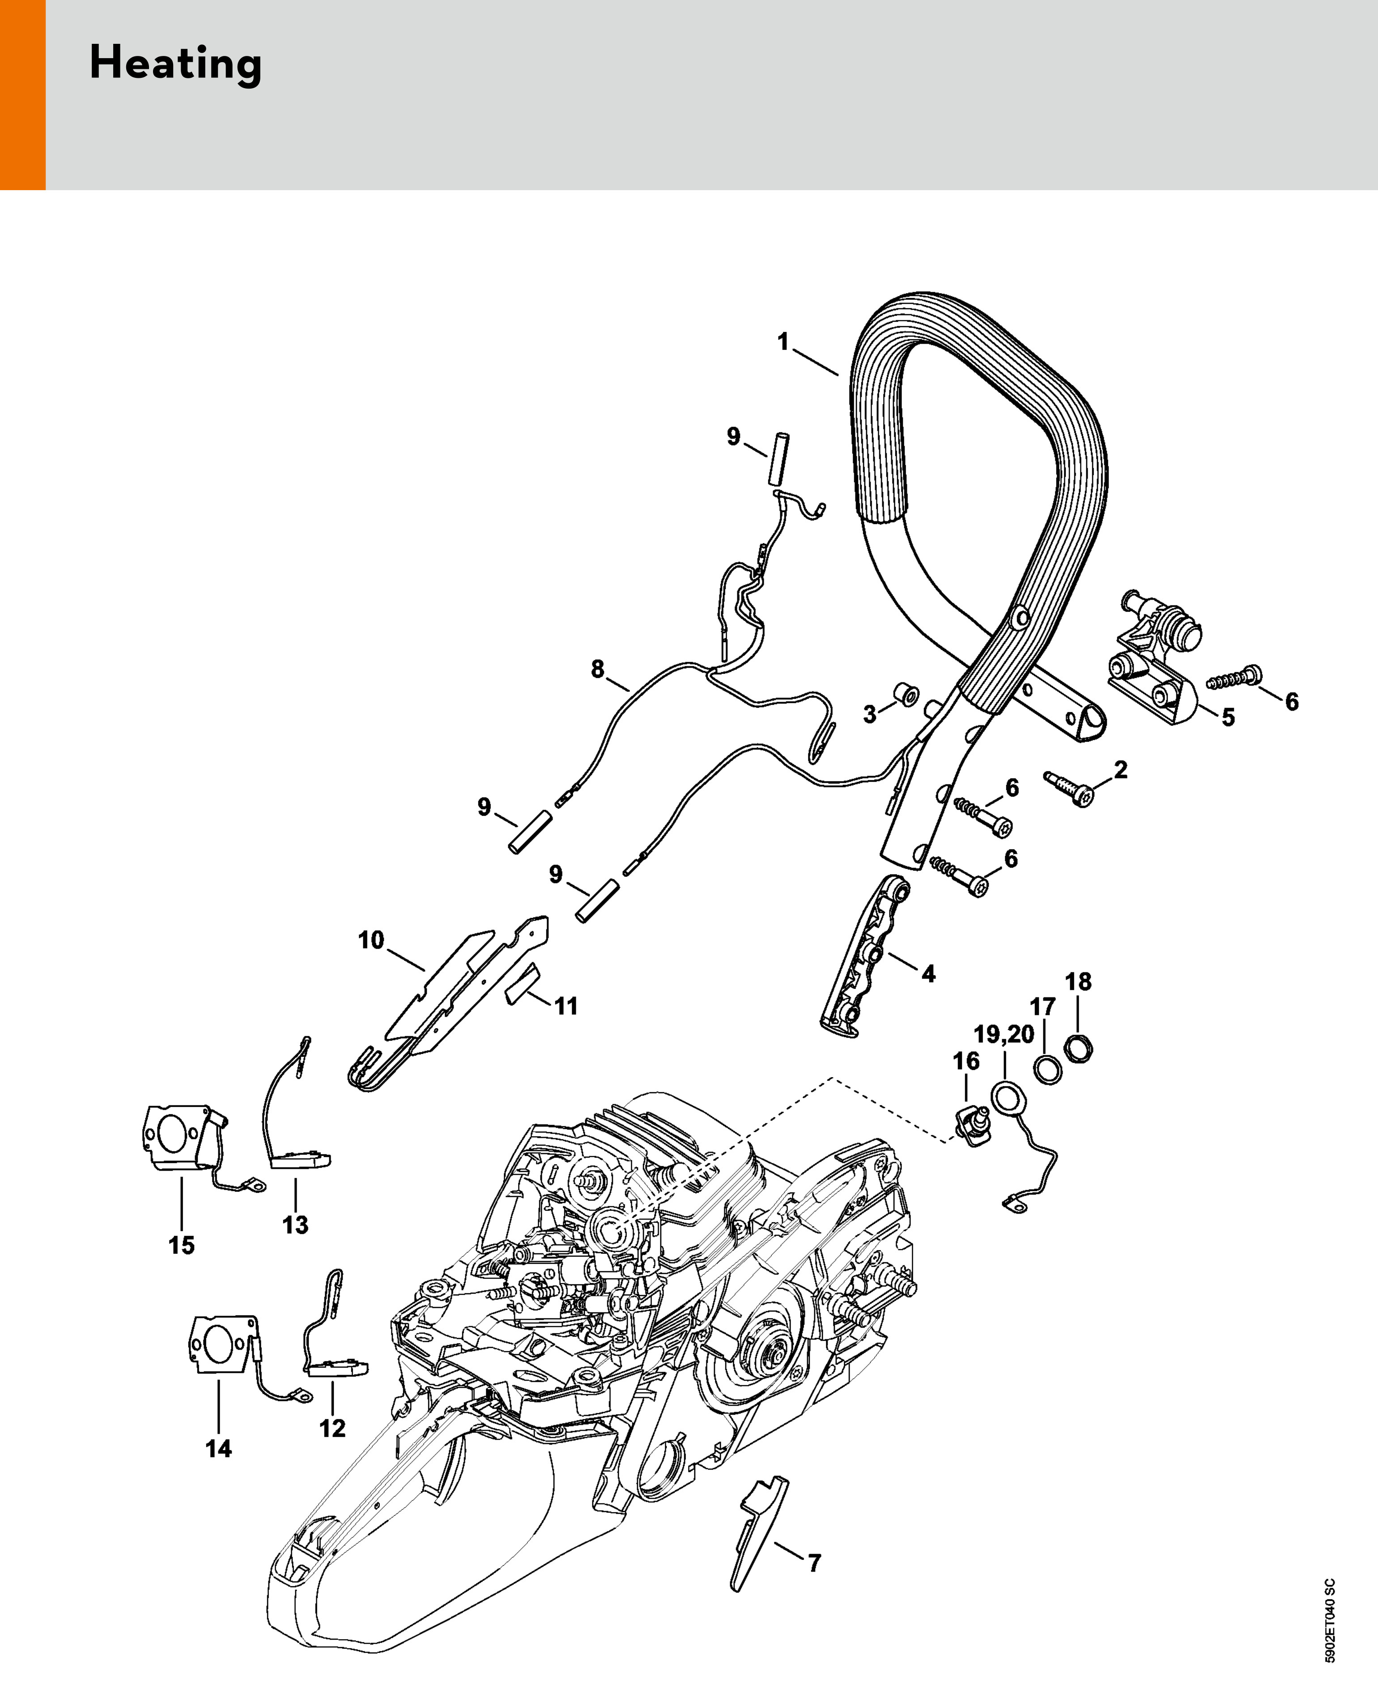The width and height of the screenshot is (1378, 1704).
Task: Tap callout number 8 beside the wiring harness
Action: coord(598,669)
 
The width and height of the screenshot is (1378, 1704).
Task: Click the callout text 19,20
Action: coord(1004,1034)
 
